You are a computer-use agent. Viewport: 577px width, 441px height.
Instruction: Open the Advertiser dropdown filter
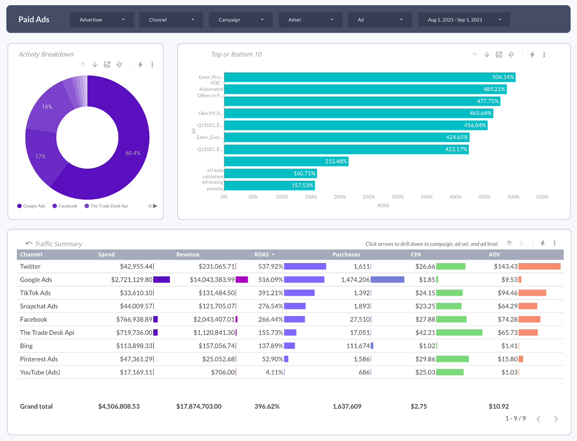(x=102, y=20)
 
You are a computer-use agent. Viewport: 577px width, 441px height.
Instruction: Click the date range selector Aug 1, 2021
(x=464, y=20)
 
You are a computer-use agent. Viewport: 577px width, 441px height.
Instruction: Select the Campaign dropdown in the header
(x=241, y=20)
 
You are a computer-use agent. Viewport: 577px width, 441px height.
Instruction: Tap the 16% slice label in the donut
(x=47, y=107)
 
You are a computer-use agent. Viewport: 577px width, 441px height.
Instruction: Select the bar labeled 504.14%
(x=369, y=77)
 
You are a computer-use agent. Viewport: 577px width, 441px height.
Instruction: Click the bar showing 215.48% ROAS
(x=286, y=161)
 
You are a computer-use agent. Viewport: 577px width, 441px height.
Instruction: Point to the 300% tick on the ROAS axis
(x=397, y=197)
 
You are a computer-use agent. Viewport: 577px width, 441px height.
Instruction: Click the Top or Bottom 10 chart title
(x=236, y=54)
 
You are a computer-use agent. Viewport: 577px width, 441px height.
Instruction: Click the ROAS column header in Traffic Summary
(x=261, y=254)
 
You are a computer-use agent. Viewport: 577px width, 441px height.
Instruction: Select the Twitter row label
(x=30, y=267)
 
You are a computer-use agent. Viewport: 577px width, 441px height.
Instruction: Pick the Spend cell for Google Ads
(x=132, y=280)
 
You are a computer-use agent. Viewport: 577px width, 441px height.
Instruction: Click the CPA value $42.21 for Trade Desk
(x=425, y=333)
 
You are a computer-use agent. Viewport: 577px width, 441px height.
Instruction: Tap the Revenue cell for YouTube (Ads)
(x=223, y=372)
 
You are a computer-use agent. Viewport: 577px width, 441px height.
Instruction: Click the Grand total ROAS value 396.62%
(x=267, y=406)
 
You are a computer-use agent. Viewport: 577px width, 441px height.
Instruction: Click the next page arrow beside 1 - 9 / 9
(x=556, y=419)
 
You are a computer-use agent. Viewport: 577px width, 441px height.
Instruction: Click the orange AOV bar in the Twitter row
(x=539, y=267)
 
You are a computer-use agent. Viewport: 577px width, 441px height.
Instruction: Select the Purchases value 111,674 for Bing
(x=358, y=346)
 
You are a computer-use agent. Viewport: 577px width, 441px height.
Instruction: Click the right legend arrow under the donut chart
(x=155, y=206)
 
